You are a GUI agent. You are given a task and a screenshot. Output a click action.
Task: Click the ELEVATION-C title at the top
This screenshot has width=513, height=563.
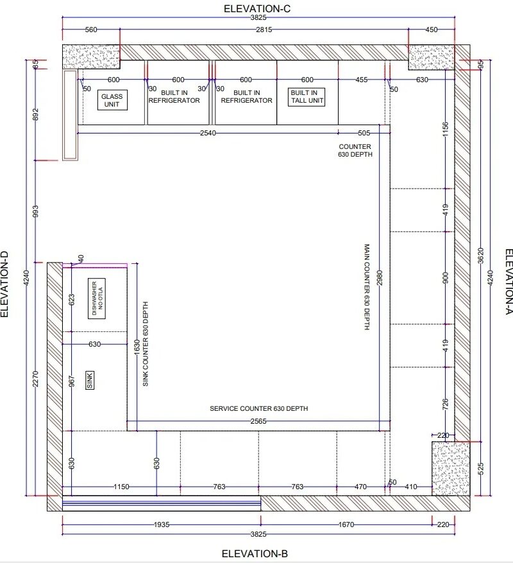257,8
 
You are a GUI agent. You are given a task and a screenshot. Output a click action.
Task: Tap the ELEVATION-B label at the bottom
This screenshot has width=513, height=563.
255,553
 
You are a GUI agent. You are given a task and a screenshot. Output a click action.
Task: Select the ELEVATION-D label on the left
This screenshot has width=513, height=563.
4,284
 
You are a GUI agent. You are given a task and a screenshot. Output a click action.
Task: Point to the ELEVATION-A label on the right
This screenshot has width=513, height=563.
509,282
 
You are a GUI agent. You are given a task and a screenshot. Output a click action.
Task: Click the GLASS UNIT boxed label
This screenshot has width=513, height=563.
112,100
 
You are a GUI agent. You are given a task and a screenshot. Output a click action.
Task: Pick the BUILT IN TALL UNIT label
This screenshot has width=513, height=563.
307,97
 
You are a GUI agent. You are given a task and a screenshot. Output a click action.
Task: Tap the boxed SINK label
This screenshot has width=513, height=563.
90,380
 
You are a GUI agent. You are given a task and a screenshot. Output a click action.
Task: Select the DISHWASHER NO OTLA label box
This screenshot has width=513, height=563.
97,299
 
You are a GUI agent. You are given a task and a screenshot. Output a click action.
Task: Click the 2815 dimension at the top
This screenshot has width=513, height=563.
264,30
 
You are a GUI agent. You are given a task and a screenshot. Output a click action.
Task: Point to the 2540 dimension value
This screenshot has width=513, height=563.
208,134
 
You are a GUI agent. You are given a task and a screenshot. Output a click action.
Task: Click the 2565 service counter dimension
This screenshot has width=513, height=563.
258,421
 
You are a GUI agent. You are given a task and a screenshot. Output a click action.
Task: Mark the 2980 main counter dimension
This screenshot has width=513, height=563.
380,278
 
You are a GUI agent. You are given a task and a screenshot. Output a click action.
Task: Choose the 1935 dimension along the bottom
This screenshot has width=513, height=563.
162,524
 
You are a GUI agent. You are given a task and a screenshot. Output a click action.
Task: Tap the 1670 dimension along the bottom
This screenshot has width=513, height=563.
346,524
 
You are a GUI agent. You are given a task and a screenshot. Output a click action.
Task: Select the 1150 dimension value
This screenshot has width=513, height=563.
121,487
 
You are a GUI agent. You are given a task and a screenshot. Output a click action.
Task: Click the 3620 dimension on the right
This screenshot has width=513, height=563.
481,256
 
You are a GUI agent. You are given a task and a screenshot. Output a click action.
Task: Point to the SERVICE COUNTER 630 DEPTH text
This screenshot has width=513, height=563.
258,408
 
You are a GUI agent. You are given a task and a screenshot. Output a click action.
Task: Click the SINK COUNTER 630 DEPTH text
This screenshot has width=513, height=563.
146,343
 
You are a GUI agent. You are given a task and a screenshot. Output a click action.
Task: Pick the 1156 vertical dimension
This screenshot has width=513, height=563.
445,130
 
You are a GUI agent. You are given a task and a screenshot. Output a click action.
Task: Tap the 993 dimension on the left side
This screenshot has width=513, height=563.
35,211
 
